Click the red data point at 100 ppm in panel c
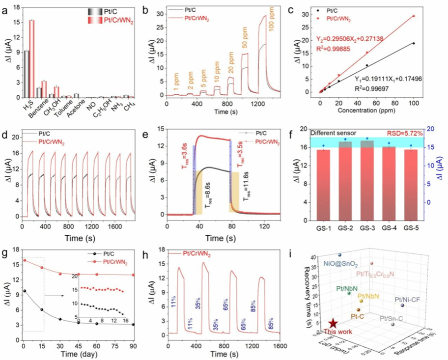[414, 16]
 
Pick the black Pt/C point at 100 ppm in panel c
[414, 43]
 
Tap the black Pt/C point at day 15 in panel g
[42, 309]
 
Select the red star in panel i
[333, 323]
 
